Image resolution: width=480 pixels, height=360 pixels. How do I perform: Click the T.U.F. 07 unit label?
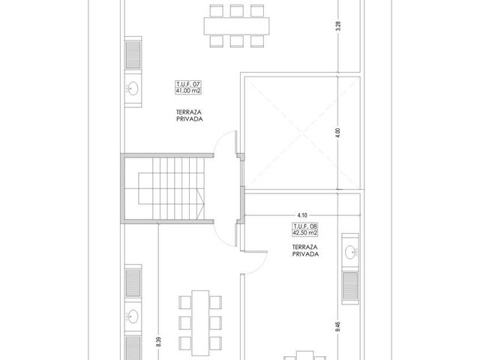point(188,84)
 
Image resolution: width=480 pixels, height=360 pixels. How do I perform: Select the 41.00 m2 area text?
point(188,91)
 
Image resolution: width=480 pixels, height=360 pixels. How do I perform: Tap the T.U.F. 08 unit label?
point(305,226)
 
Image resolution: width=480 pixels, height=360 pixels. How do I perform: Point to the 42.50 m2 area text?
point(305,233)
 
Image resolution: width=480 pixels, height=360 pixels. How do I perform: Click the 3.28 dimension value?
point(338,26)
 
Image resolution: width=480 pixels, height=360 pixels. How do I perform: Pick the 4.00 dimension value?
point(338,133)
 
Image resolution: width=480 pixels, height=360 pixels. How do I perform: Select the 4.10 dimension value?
point(302,215)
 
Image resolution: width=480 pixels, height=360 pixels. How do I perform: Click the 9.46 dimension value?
point(338,327)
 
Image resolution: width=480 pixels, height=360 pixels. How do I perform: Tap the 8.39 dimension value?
point(158,342)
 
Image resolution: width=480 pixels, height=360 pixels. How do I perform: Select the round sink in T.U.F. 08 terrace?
point(350,252)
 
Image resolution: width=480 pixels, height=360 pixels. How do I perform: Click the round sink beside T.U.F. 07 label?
point(133,88)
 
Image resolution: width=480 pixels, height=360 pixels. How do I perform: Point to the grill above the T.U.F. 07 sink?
point(133,55)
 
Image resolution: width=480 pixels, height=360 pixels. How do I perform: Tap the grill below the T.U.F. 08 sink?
point(350,286)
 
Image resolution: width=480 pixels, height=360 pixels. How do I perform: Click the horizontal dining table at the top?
point(237,26)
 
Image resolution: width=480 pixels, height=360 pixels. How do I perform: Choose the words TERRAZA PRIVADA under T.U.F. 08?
point(305,250)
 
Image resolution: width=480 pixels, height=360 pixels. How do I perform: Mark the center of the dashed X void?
point(302,133)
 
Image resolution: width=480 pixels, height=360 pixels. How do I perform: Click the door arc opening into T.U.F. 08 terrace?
point(260,265)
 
